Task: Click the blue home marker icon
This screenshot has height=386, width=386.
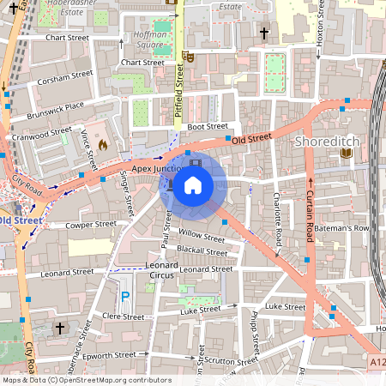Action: [193, 185]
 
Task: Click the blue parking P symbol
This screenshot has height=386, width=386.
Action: [125, 297]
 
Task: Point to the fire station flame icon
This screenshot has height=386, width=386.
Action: [102, 146]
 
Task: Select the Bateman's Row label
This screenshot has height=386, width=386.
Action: [346, 228]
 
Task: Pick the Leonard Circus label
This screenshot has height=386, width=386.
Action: [160, 271]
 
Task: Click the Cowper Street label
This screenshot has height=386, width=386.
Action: [90, 225]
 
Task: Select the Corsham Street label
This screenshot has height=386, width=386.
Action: [64, 77]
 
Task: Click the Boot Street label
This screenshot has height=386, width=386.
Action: [207, 126]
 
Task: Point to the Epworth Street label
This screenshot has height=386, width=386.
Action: [113, 354]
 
